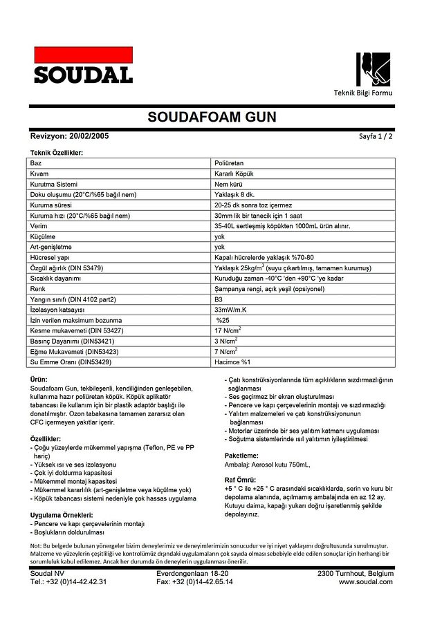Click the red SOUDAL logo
pos(83,65)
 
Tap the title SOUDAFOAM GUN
pos(212,117)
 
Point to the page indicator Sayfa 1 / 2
pos(376,137)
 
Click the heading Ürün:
pos(39,380)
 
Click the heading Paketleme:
pos(241,456)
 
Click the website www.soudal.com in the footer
pos(366,582)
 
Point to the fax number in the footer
pos(194,582)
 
